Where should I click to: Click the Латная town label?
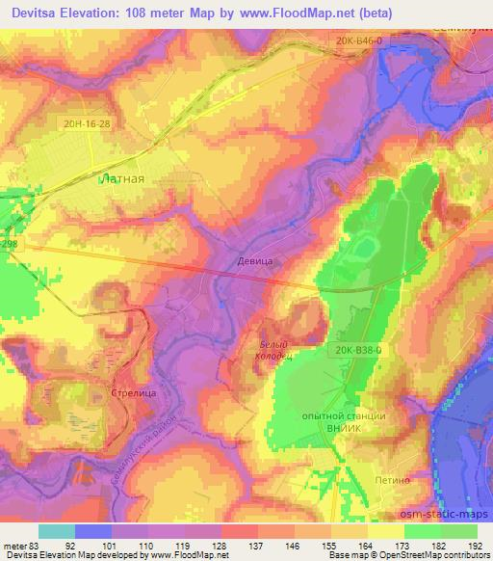(123, 178)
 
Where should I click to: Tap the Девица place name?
(251, 260)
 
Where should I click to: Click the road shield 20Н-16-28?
(89, 124)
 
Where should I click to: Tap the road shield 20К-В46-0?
(359, 40)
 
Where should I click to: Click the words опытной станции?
(345, 415)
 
